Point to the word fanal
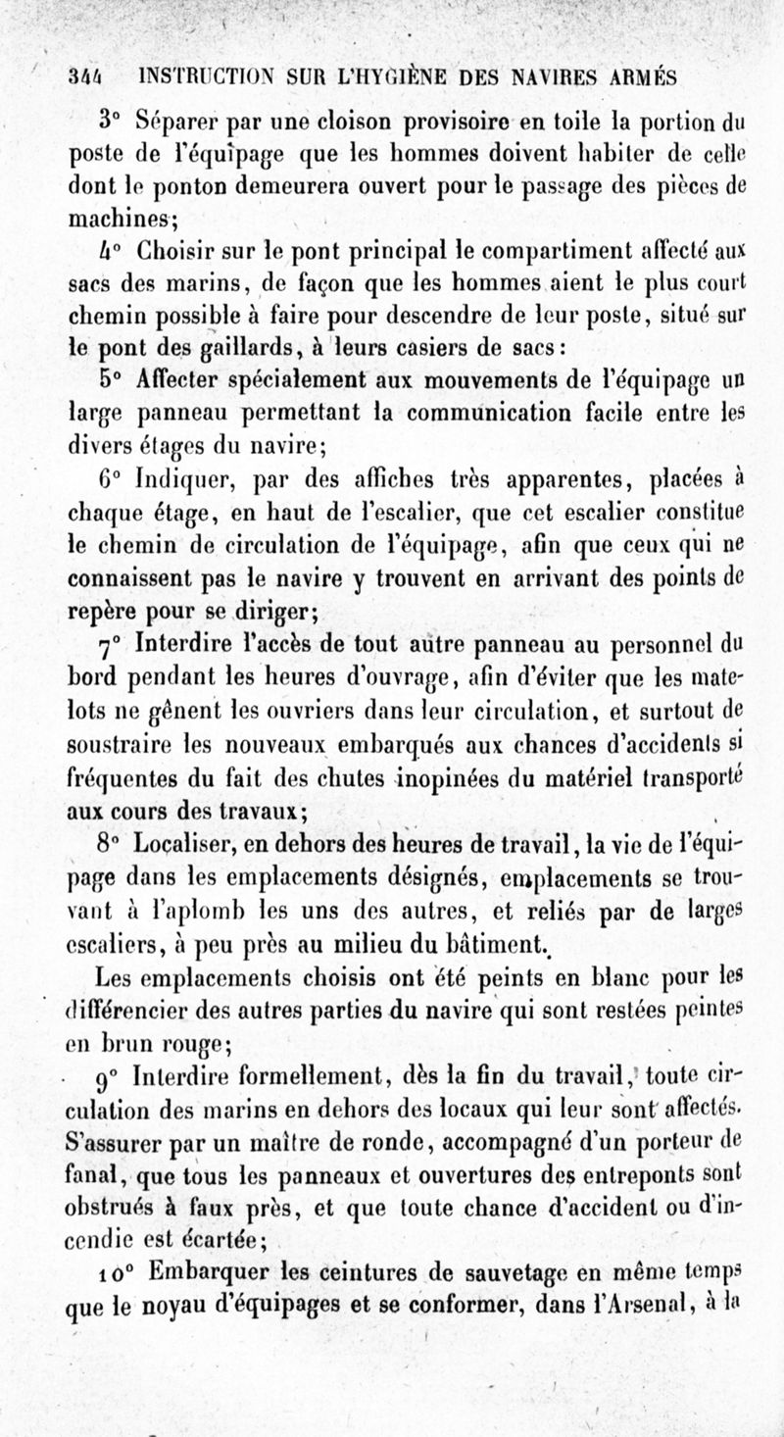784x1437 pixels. [97, 1167]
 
